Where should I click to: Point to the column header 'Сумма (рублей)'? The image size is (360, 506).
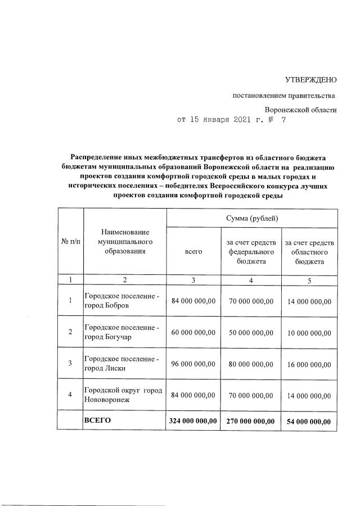251,218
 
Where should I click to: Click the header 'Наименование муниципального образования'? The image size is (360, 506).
125,242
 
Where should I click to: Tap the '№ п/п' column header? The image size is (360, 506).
70,242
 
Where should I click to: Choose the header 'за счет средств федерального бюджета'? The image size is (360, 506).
251,252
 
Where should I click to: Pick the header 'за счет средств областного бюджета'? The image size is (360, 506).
309,252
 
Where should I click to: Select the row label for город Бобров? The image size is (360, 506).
121,301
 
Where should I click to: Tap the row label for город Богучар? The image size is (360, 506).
121,332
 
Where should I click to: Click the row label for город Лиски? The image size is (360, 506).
121,364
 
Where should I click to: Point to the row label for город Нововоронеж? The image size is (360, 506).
123,395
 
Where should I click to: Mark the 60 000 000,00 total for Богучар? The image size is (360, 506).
193,332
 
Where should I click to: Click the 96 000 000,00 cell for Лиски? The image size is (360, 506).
193,364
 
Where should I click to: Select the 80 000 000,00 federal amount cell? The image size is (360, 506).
251,364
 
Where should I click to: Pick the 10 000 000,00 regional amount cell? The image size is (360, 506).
309,333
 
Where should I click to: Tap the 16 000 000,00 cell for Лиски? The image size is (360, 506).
309,364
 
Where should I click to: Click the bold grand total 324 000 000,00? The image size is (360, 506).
193,421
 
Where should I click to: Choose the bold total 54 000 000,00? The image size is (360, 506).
309,422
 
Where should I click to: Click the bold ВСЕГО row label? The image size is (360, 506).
97,420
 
